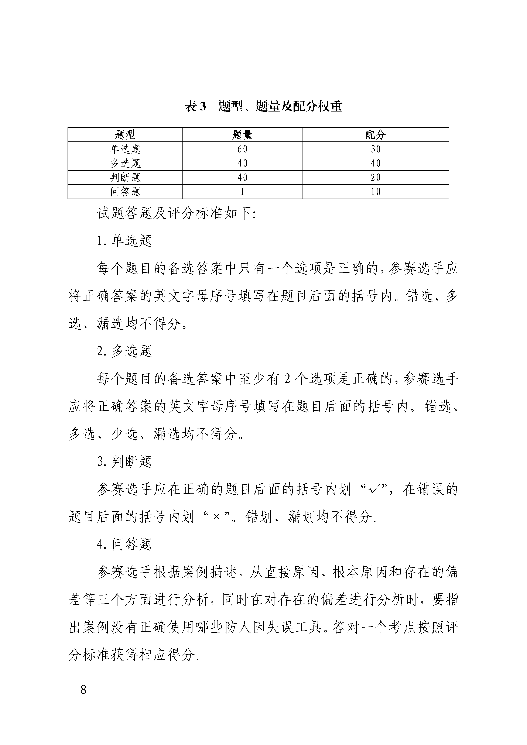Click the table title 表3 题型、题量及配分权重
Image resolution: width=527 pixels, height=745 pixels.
263,106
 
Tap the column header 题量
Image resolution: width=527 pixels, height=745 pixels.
242,135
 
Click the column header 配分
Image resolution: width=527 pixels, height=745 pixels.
376,135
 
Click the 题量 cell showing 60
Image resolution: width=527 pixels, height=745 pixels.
242,149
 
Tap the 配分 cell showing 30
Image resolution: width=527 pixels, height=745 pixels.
376,149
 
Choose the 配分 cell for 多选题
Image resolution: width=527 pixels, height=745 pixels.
376,163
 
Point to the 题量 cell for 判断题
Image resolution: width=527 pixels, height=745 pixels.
242,178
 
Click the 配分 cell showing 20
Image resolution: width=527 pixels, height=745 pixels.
376,178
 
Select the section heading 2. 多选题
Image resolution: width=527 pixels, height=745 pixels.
125,351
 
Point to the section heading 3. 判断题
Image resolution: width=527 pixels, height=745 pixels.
125,462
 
